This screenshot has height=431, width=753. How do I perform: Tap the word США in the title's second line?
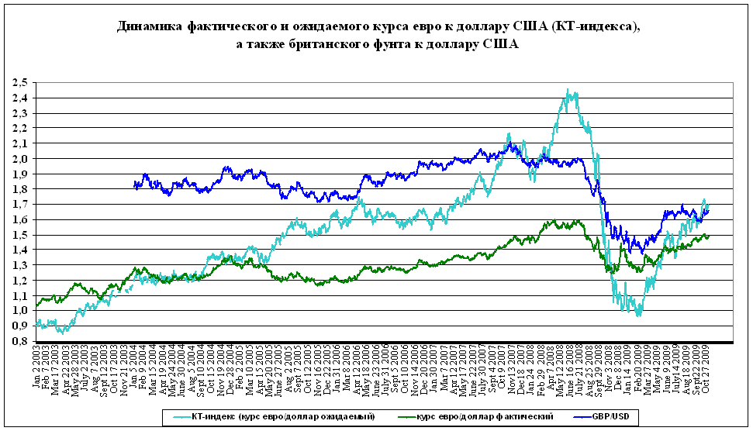501,44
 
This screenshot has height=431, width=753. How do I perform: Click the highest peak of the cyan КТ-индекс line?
568,90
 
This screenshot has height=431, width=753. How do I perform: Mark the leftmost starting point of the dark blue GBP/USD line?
134,184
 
